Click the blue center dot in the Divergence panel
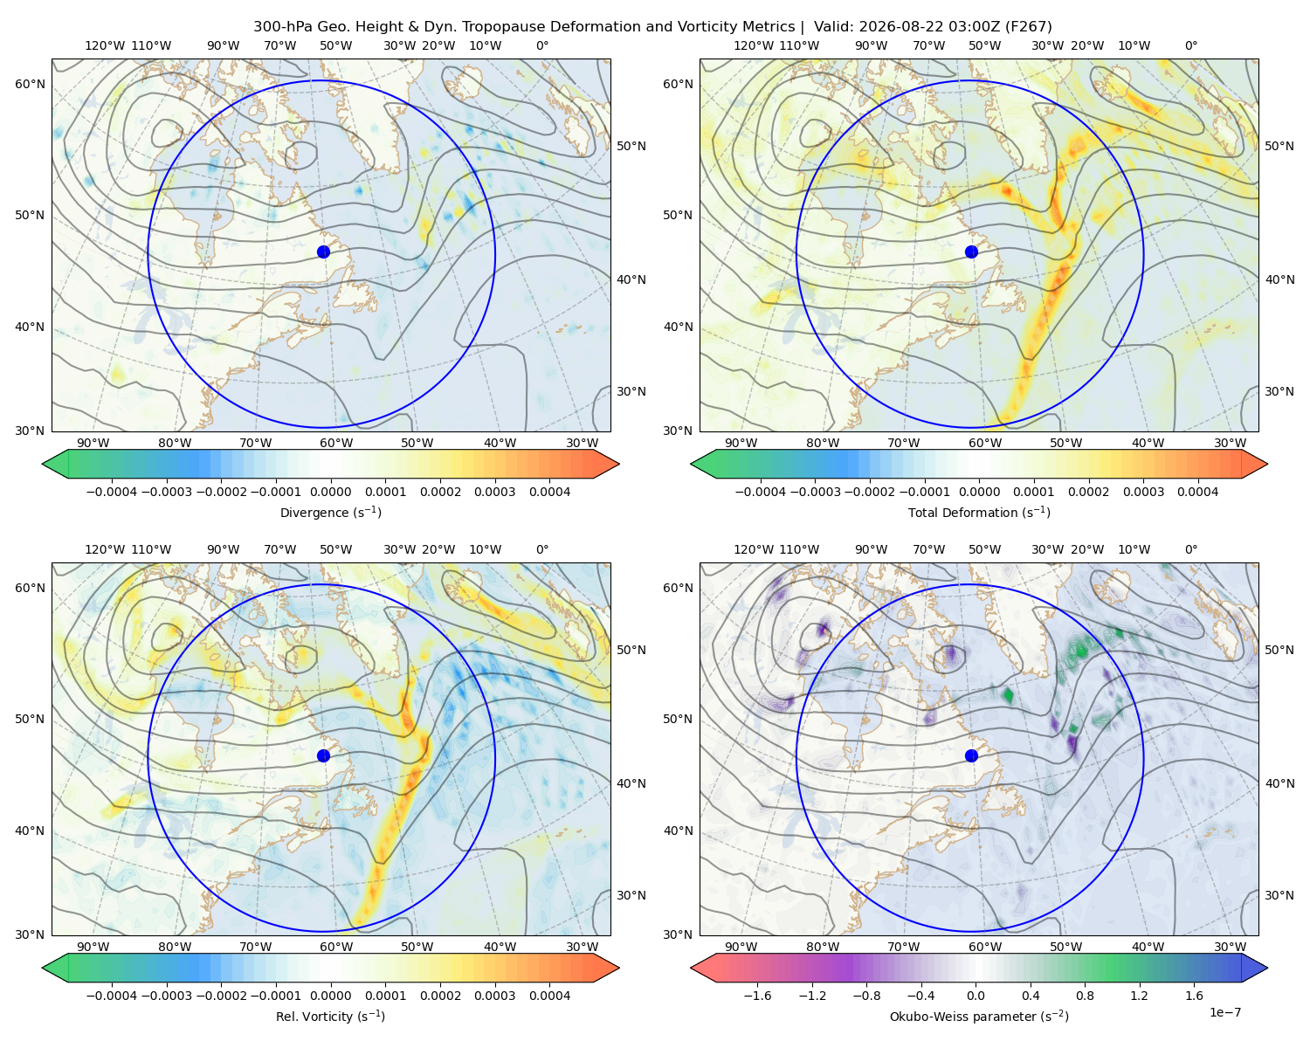323,252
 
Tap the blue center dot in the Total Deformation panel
971,252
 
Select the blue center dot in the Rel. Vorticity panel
323,755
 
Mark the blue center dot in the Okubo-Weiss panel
971,755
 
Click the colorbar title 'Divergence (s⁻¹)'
330,512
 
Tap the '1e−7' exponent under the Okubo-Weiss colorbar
1224,1012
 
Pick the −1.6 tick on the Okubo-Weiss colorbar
757,995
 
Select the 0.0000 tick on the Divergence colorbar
330,492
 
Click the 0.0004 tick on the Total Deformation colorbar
1198,492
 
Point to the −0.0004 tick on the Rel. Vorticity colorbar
112,995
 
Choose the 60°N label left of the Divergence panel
30,84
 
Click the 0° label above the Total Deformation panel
1190,45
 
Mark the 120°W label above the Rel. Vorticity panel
105,548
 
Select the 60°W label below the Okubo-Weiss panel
985,947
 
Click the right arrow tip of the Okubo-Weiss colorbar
1267,968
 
